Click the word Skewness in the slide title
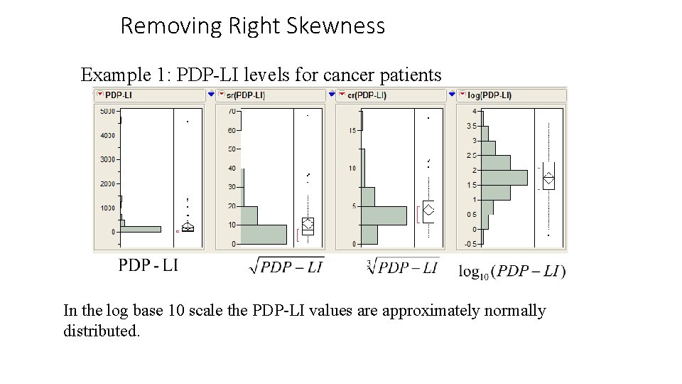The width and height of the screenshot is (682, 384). tap(335, 26)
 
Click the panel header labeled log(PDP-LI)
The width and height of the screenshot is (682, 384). tap(489, 95)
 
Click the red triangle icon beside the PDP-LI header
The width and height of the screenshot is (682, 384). tap(99, 95)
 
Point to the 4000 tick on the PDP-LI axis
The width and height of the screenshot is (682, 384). tap(107, 135)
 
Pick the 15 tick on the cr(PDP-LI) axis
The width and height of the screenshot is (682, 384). tap(352, 130)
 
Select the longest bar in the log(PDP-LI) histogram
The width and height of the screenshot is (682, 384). tap(504, 177)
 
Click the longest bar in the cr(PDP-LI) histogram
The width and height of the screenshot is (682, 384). tap(384, 215)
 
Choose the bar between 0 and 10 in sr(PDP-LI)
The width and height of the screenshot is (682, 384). tap(264, 234)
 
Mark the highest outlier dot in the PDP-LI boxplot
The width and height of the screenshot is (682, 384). tap(188, 122)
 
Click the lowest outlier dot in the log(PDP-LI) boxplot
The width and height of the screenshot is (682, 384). tap(548, 235)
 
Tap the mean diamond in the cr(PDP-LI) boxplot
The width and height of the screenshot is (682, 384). tap(428, 210)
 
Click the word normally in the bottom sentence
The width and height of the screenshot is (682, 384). tap(511, 311)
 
